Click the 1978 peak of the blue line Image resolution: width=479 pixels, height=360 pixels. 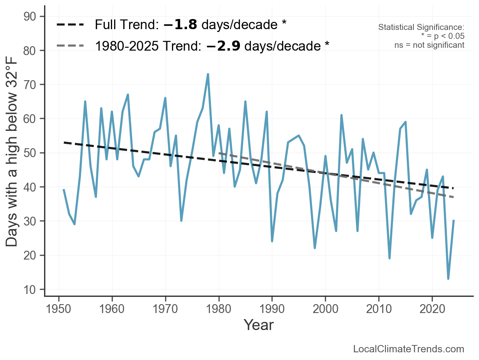click(208, 75)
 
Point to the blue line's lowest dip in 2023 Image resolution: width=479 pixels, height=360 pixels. click(448, 278)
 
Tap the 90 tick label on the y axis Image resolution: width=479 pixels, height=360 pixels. click(30, 17)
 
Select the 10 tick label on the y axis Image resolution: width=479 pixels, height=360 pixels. click(30, 290)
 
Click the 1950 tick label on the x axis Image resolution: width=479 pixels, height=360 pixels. click(58, 309)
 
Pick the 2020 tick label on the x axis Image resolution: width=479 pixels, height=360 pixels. click(432, 309)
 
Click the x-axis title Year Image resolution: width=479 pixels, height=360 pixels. click(259, 325)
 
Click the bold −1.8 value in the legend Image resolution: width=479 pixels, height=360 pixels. click(180, 25)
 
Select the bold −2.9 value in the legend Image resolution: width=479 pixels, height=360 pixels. click(223, 46)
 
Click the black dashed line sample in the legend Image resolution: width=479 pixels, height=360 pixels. click(70, 25)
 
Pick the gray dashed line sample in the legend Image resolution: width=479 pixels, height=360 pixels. click(70, 46)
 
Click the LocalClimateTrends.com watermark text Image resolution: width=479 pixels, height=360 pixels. click(409, 349)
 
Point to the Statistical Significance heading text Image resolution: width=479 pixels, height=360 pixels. click(421, 27)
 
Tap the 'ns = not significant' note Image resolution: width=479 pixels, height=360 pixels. click(429, 45)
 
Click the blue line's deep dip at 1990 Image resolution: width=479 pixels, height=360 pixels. click(272, 241)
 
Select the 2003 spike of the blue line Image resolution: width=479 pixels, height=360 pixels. click(341, 115)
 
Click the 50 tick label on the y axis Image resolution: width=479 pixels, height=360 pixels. click(30, 153)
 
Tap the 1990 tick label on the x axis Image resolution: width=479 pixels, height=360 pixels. click(272, 309)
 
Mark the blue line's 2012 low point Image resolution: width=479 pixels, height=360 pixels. click(390, 258)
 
